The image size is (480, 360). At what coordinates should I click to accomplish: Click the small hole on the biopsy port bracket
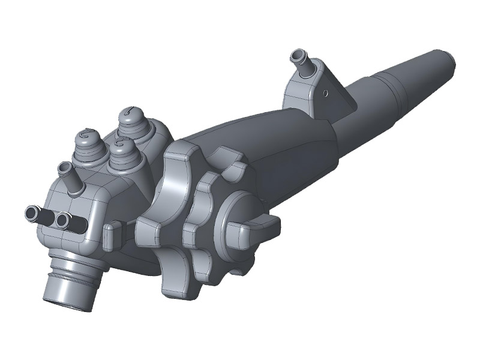(x=325, y=92)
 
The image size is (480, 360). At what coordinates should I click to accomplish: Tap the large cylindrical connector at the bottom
(x=69, y=288)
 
